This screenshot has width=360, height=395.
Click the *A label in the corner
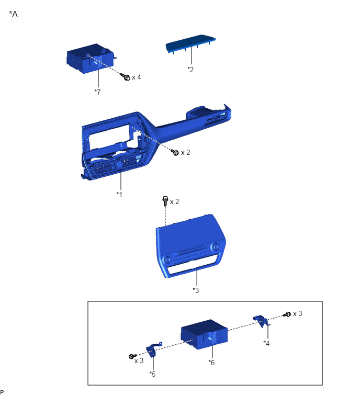14,14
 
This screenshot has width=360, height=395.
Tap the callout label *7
97,92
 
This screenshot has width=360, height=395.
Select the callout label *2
190,70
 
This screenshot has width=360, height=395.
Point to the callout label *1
119,195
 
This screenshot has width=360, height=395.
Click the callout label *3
196,290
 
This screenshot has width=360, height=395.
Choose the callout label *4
266,343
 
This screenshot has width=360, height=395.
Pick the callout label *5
152,374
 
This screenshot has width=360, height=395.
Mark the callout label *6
211,363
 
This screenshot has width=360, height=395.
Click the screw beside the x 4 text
125,76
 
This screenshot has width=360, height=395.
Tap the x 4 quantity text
136,77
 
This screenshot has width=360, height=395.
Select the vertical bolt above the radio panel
165,201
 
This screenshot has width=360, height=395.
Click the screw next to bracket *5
132,356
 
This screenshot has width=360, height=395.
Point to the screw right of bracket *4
287,314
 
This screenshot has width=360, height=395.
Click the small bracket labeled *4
262,321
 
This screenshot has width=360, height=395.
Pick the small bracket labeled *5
153,349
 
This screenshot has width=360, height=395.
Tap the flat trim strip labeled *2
190,43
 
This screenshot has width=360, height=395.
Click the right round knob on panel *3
216,246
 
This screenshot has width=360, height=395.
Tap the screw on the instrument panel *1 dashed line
175,152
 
